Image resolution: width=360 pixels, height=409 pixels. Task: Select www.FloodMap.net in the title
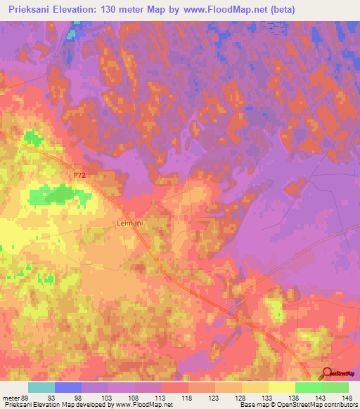[224, 9]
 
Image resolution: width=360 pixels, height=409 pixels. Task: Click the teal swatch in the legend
[41, 387]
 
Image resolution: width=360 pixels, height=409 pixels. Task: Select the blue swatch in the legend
[68, 387]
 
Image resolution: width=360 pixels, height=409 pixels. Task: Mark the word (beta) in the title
[280, 9]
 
